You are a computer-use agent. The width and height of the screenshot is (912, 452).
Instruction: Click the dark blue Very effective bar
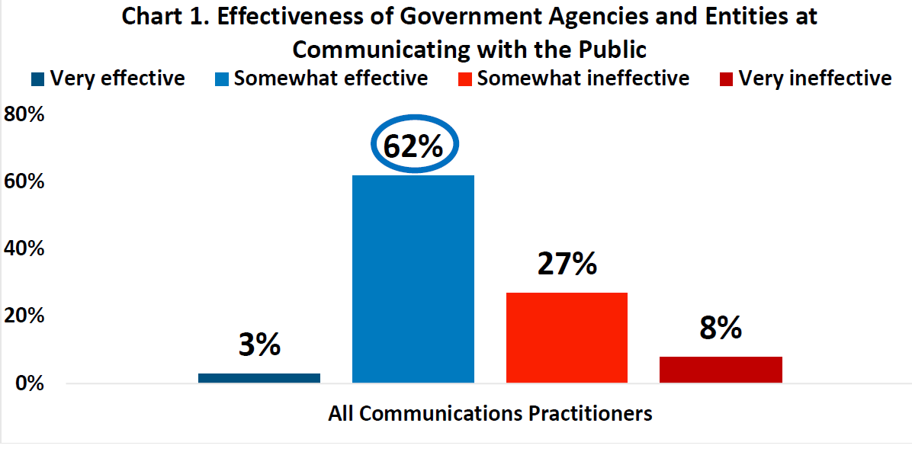259,377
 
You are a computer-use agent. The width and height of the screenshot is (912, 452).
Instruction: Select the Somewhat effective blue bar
413,279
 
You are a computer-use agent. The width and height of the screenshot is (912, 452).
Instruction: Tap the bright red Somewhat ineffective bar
567,337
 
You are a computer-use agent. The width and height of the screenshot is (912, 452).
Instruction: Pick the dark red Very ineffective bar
721,369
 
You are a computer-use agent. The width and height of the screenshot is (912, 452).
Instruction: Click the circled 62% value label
413,145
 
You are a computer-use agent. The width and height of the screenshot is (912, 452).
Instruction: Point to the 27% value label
567,263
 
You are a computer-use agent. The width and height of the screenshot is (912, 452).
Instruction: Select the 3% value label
259,345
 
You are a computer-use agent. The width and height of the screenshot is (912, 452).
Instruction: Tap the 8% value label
720,328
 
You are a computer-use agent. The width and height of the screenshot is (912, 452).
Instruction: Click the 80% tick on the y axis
25,116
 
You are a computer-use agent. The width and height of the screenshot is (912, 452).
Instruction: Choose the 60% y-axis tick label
25,183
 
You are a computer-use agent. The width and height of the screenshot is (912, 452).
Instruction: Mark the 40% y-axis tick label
25,249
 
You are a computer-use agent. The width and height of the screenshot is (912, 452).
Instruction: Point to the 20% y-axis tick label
25,316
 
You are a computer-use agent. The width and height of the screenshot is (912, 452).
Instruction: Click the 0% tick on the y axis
31,383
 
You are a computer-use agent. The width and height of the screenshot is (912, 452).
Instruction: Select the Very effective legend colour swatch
38,79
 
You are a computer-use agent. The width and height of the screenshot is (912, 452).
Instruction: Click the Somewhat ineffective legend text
583,79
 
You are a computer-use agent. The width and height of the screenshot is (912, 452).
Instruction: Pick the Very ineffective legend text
815,79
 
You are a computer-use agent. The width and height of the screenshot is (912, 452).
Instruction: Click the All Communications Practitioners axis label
490,414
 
